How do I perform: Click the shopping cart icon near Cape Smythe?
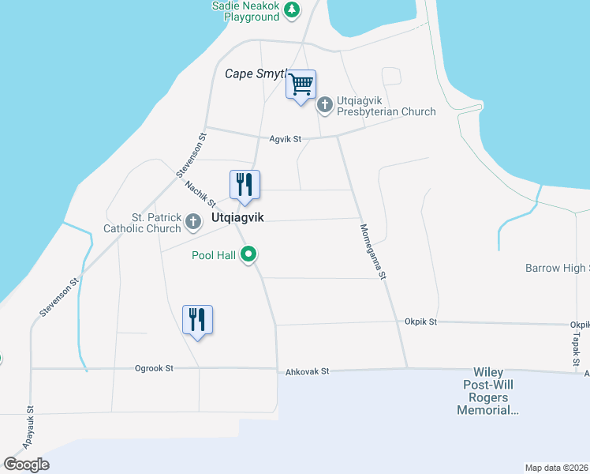click(x=301, y=84)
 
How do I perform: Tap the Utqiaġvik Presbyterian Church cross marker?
click(x=324, y=104)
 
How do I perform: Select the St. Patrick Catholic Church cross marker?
click(x=193, y=223)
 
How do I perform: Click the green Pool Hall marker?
click(x=248, y=254)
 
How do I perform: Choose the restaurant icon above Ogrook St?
click(x=197, y=320)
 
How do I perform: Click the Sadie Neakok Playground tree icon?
click(x=293, y=9)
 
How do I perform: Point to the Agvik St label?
click(x=286, y=140)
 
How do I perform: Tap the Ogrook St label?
click(x=154, y=368)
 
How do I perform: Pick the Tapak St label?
click(x=577, y=344)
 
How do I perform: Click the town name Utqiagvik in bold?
click(x=237, y=217)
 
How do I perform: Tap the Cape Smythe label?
click(x=254, y=73)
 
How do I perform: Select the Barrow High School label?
click(x=557, y=269)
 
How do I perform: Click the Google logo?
click(x=26, y=465)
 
